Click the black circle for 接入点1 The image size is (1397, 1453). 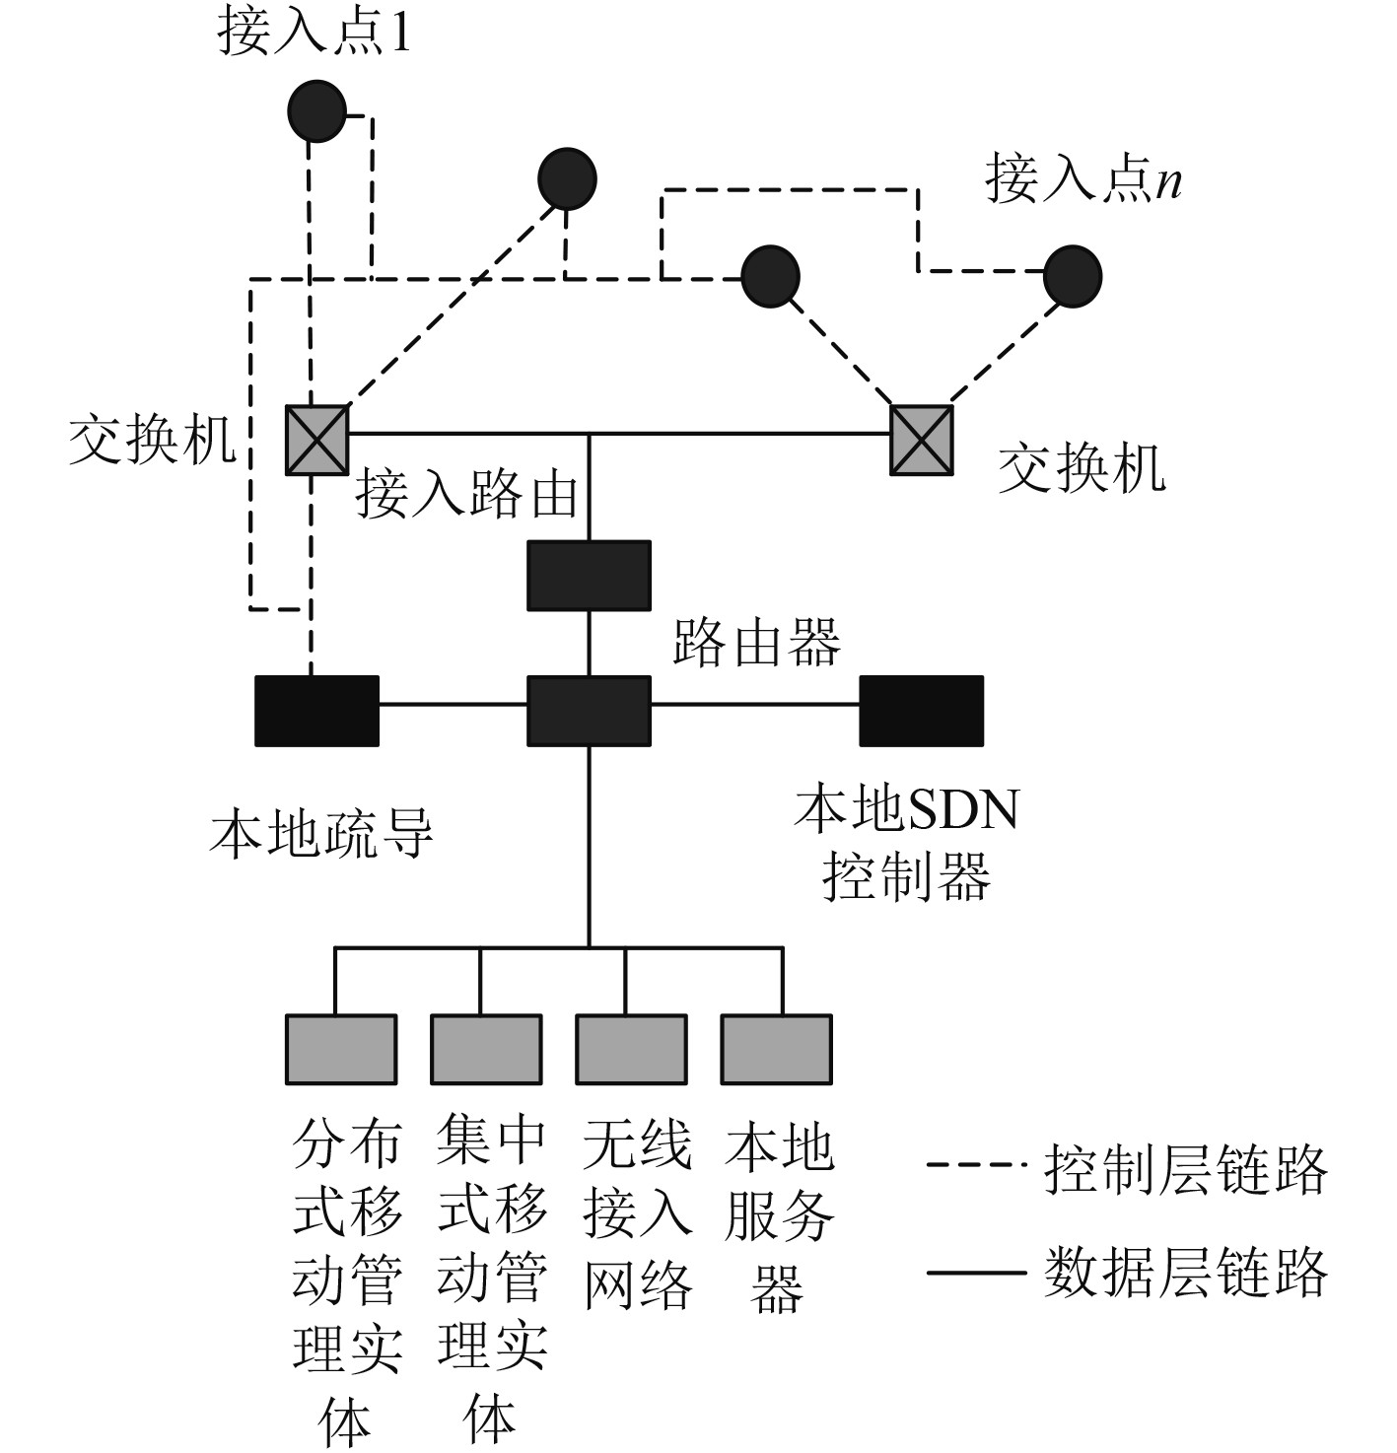click(316, 110)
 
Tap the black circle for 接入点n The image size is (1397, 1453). click(1072, 276)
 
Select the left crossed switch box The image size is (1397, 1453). click(316, 440)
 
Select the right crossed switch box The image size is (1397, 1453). click(922, 440)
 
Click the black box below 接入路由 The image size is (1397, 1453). click(589, 576)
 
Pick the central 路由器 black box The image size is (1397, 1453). click(589, 711)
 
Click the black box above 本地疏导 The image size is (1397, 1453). click(316, 711)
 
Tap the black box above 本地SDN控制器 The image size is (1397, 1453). click(922, 711)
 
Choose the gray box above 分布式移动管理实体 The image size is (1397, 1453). click(341, 1050)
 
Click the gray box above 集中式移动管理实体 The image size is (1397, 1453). click(486, 1050)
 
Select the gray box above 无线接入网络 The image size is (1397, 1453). click(631, 1050)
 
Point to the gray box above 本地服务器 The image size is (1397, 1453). click(777, 1050)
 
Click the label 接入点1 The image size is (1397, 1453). click(314, 34)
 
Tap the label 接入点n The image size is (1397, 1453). click(1083, 180)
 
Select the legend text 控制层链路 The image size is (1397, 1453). click(1185, 1170)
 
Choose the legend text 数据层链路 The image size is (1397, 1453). click(1185, 1272)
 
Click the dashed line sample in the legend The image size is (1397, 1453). click(975, 1166)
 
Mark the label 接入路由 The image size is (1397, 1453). click(466, 493)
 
